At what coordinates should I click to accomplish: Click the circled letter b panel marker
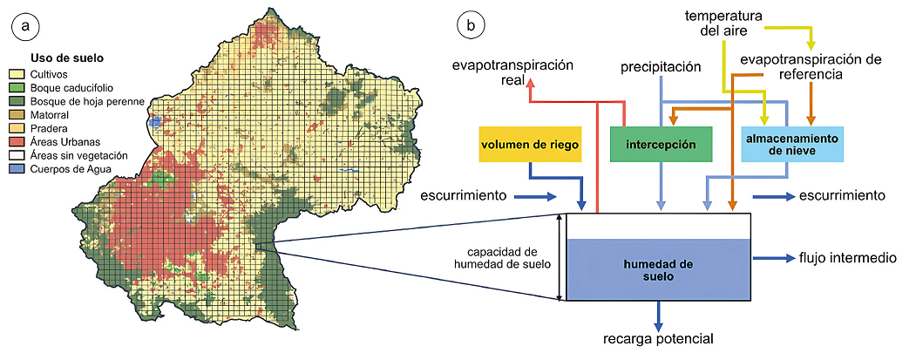[x=471, y=26]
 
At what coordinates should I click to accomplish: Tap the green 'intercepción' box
[x=661, y=144]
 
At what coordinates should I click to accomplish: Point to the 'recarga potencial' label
[x=658, y=338]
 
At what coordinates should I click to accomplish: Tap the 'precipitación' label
[x=661, y=66]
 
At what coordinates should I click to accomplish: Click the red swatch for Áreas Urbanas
[x=17, y=140]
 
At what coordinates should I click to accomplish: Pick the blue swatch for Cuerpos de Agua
[x=17, y=168]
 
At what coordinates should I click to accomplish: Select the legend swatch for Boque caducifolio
[x=17, y=87]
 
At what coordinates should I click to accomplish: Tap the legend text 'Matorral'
[x=51, y=114]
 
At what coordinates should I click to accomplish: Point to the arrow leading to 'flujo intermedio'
[x=772, y=258]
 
